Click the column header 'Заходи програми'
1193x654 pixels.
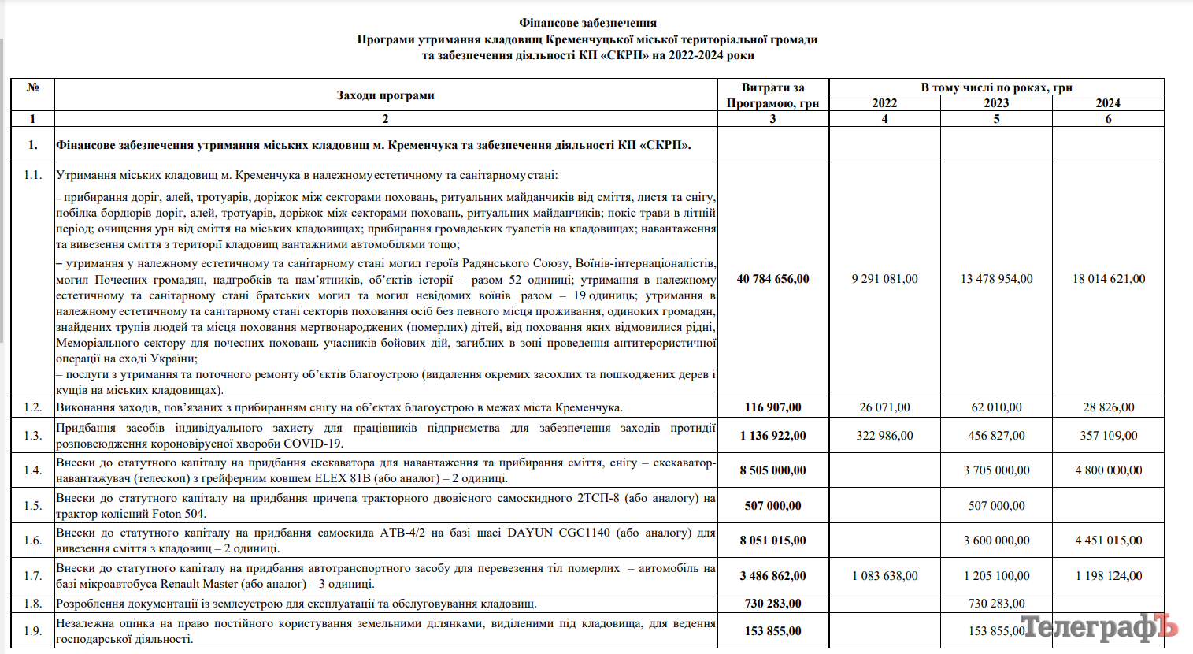point(385,95)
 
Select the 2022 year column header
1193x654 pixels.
point(884,103)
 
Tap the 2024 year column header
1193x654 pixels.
point(1108,103)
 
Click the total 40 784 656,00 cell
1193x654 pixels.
point(772,279)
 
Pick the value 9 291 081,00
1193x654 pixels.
point(884,279)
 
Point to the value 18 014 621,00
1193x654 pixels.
point(1108,279)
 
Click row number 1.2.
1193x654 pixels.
point(32,407)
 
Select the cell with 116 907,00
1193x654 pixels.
point(772,407)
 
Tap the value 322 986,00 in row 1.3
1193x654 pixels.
point(884,436)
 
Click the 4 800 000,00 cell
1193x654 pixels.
point(1108,470)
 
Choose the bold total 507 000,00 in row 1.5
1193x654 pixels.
point(772,506)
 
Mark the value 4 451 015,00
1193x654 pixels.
point(1108,541)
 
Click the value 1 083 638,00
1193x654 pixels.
point(884,576)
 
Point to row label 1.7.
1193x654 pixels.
point(32,576)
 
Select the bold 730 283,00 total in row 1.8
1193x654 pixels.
point(772,604)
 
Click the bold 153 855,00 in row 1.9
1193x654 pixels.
point(772,631)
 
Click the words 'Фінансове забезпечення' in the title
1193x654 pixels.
point(587,23)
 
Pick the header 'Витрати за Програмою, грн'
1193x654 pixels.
point(772,95)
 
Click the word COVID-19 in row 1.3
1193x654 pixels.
point(314,444)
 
